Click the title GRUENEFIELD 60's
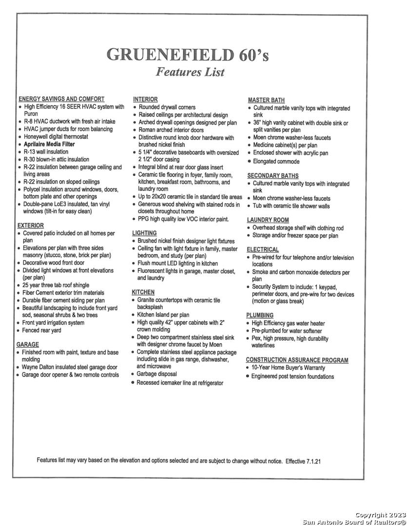click(x=188, y=54)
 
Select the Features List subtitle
click(x=190, y=72)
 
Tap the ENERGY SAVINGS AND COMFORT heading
click(x=61, y=99)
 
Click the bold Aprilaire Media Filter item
click(x=49, y=144)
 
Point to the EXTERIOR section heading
click(x=31, y=225)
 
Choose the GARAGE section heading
click(x=28, y=344)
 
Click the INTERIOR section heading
click(x=145, y=99)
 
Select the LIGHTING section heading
click(x=144, y=233)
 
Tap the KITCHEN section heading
click(x=143, y=292)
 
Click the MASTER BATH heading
click(x=266, y=100)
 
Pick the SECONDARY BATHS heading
click(x=273, y=176)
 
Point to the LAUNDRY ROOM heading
click(x=268, y=220)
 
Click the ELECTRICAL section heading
click(x=263, y=250)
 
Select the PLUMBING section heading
click(x=260, y=316)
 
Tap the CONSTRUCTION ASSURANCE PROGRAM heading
click(x=297, y=360)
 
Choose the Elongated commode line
click(x=276, y=161)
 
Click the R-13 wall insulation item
click(x=46, y=151)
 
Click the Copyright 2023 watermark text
click(x=378, y=515)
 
